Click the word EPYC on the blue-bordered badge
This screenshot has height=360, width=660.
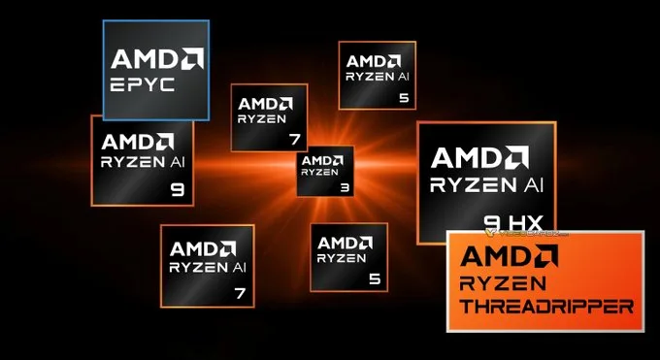click(143, 84)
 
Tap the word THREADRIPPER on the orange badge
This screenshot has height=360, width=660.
click(544, 307)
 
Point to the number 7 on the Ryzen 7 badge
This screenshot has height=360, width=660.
click(294, 140)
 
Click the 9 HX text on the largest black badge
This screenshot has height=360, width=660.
click(511, 223)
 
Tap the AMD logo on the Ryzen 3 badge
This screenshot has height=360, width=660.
click(324, 159)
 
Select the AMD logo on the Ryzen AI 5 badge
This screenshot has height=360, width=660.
click(377, 60)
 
